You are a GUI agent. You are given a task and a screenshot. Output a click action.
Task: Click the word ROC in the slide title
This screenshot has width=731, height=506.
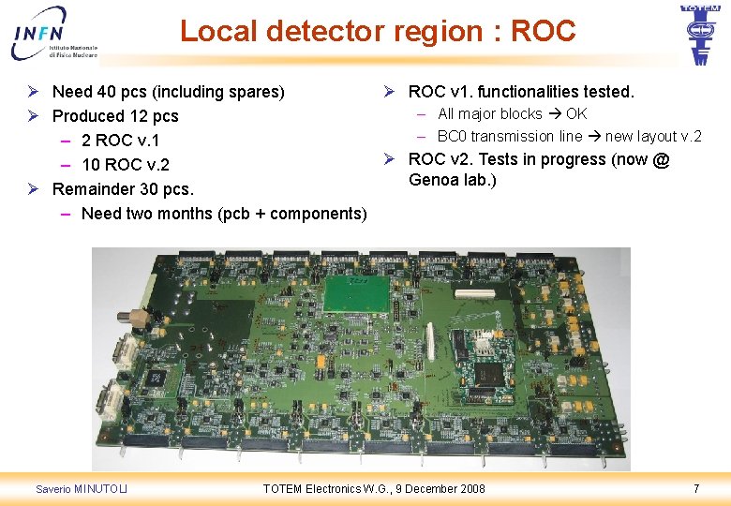point(544,31)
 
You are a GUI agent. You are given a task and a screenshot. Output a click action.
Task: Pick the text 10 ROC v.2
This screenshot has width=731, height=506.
point(126,165)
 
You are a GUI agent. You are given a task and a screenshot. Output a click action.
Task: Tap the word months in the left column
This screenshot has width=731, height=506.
point(182,214)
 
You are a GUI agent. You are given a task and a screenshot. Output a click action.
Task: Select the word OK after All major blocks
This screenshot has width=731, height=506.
point(576,114)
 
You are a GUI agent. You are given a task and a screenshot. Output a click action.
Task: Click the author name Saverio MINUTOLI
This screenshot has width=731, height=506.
point(82,488)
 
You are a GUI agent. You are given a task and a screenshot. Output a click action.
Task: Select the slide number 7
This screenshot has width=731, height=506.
point(695,488)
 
